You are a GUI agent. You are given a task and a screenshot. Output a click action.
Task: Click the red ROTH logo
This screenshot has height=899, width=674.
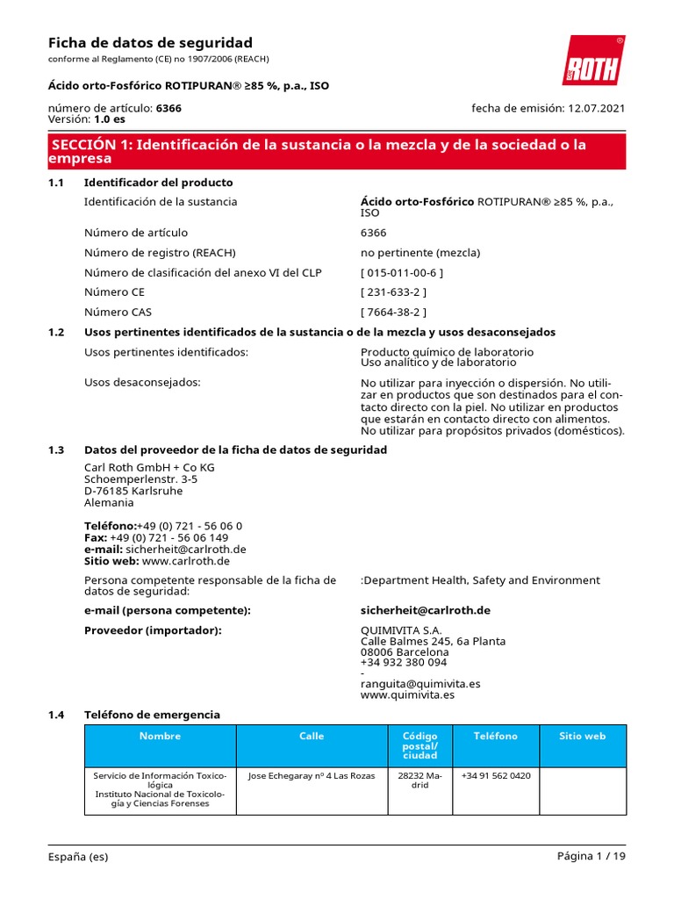pyautogui.click(x=593, y=61)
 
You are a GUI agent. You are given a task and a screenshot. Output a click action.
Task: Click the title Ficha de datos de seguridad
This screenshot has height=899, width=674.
pyautogui.click(x=149, y=43)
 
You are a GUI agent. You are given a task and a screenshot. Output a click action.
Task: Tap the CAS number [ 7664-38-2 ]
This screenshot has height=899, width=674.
pyautogui.click(x=393, y=312)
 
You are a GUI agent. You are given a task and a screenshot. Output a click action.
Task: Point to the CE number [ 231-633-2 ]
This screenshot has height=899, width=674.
pyautogui.click(x=393, y=291)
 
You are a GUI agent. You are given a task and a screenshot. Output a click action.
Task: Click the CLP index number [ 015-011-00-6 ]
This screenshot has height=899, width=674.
pyautogui.click(x=402, y=272)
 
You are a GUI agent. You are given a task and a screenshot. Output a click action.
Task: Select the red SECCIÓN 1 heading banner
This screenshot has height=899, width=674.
pyautogui.click(x=337, y=151)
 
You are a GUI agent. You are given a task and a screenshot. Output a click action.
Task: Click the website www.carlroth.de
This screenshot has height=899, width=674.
pyautogui.click(x=185, y=561)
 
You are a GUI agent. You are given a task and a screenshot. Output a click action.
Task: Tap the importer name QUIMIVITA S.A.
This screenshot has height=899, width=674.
pyautogui.click(x=401, y=630)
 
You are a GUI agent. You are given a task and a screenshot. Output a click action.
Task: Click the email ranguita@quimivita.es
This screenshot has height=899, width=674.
pyautogui.click(x=420, y=684)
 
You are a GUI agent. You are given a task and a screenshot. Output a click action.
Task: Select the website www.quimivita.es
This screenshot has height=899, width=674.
pyautogui.click(x=407, y=694)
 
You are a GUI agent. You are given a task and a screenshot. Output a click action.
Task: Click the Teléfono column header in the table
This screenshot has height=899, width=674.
pyautogui.click(x=496, y=736)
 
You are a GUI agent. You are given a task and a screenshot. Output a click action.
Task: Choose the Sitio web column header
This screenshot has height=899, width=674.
pyautogui.click(x=582, y=736)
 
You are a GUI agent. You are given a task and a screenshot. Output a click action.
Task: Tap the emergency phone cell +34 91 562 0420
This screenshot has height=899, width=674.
pyautogui.click(x=496, y=776)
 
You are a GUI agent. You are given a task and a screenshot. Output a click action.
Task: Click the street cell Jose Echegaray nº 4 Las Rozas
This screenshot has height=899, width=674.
pyautogui.click(x=312, y=776)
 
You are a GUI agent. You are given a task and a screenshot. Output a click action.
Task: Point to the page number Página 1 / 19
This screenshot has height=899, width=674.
pyautogui.click(x=591, y=857)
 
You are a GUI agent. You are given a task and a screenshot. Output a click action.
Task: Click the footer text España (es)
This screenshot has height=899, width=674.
pyautogui.click(x=78, y=857)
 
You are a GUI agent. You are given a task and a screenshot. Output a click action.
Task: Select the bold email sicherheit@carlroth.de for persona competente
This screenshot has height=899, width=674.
pyautogui.click(x=425, y=610)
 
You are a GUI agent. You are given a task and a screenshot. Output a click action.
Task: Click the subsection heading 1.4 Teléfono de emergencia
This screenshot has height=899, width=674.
pyautogui.click(x=152, y=715)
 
